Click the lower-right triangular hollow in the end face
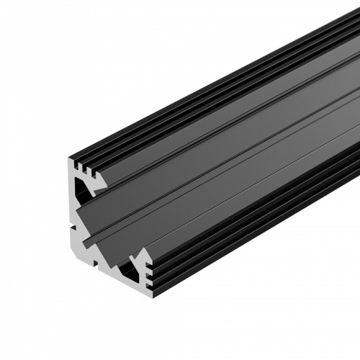[131, 271]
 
